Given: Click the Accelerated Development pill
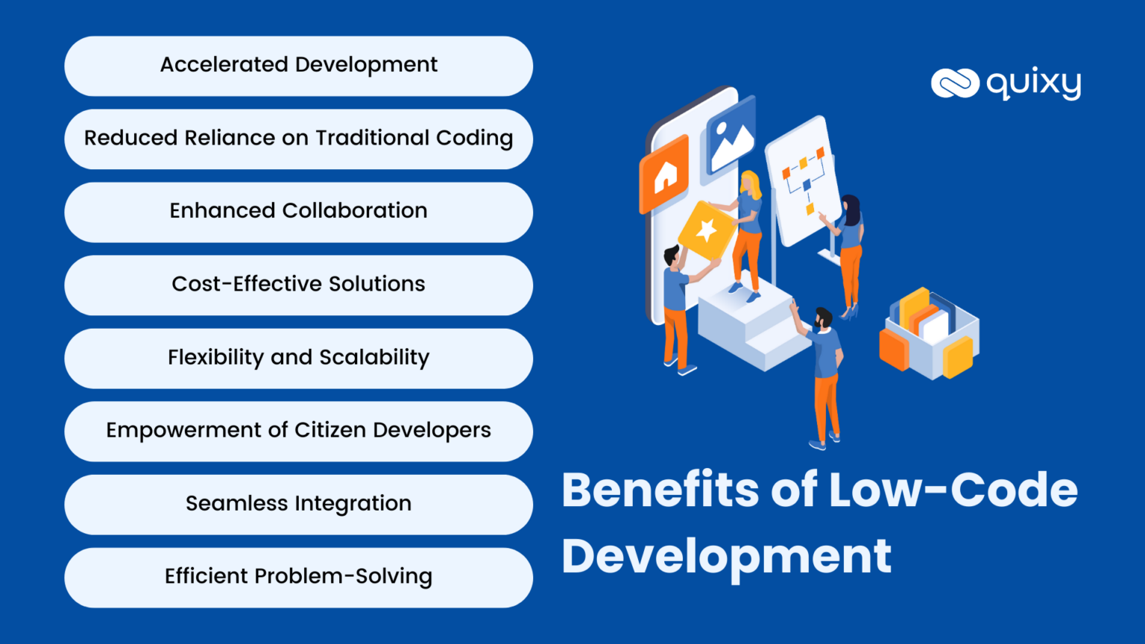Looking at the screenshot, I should click(298, 66).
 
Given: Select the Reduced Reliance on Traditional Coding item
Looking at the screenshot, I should click(298, 139).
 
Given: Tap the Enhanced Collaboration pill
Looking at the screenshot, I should click(298, 212).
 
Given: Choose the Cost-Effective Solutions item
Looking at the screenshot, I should click(298, 285).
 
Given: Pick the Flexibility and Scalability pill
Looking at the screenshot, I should click(298, 358).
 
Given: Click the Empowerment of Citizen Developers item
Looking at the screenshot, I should click(298, 431).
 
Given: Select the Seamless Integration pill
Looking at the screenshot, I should click(298, 504).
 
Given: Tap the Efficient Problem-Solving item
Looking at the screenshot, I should click(298, 577).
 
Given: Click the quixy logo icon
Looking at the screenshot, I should click(955, 83).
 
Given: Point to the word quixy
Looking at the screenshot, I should click(1034, 83).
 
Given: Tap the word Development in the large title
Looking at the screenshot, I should click(726, 556).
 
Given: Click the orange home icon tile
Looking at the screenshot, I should click(664, 176).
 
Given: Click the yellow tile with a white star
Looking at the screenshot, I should click(705, 230).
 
